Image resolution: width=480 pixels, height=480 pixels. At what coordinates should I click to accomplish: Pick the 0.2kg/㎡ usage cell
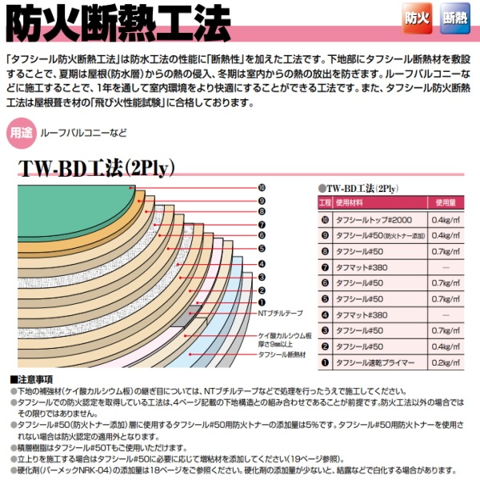point(445,362)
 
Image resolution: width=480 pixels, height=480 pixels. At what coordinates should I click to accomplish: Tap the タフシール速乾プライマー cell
point(375,362)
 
